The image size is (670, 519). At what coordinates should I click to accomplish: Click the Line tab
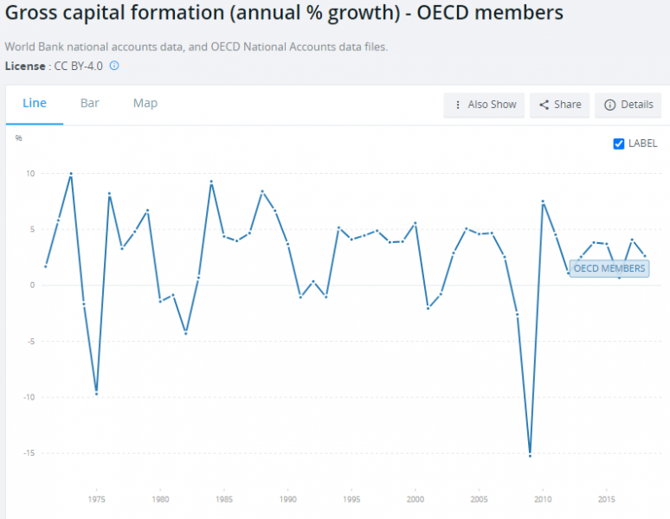pyautogui.click(x=35, y=104)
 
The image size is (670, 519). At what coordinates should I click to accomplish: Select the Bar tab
pyautogui.click(x=90, y=104)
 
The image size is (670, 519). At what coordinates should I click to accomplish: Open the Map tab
pyautogui.click(x=145, y=104)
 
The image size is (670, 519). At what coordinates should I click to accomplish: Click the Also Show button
pyautogui.click(x=484, y=105)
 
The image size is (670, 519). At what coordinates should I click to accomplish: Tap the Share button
pyautogui.click(x=560, y=105)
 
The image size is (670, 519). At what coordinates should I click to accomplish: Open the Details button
pyautogui.click(x=628, y=105)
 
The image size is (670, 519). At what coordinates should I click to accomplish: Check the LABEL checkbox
pyautogui.click(x=619, y=144)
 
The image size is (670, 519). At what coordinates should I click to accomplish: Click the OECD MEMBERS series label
pyautogui.click(x=609, y=268)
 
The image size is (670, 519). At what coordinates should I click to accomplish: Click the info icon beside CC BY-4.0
pyautogui.click(x=114, y=65)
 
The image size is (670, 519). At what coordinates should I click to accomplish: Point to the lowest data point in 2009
pyautogui.click(x=530, y=455)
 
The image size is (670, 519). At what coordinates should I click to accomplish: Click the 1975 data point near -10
pyautogui.click(x=96, y=394)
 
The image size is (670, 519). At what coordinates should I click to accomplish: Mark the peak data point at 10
pyautogui.click(x=71, y=174)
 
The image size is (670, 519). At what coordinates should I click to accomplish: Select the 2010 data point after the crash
pyautogui.click(x=543, y=202)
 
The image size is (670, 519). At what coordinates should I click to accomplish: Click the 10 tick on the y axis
pyautogui.click(x=29, y=173)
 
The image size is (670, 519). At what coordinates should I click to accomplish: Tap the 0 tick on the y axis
pyautogui.click(x=31, y=285)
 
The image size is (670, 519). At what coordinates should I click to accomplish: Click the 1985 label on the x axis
pyautogui.click(x=224, y=499)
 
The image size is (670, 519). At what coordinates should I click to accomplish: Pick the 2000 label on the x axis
pyautogui.click(x=416, y=499)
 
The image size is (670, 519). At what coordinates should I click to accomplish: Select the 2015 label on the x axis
pyautogui.click(x=607, y=499)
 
